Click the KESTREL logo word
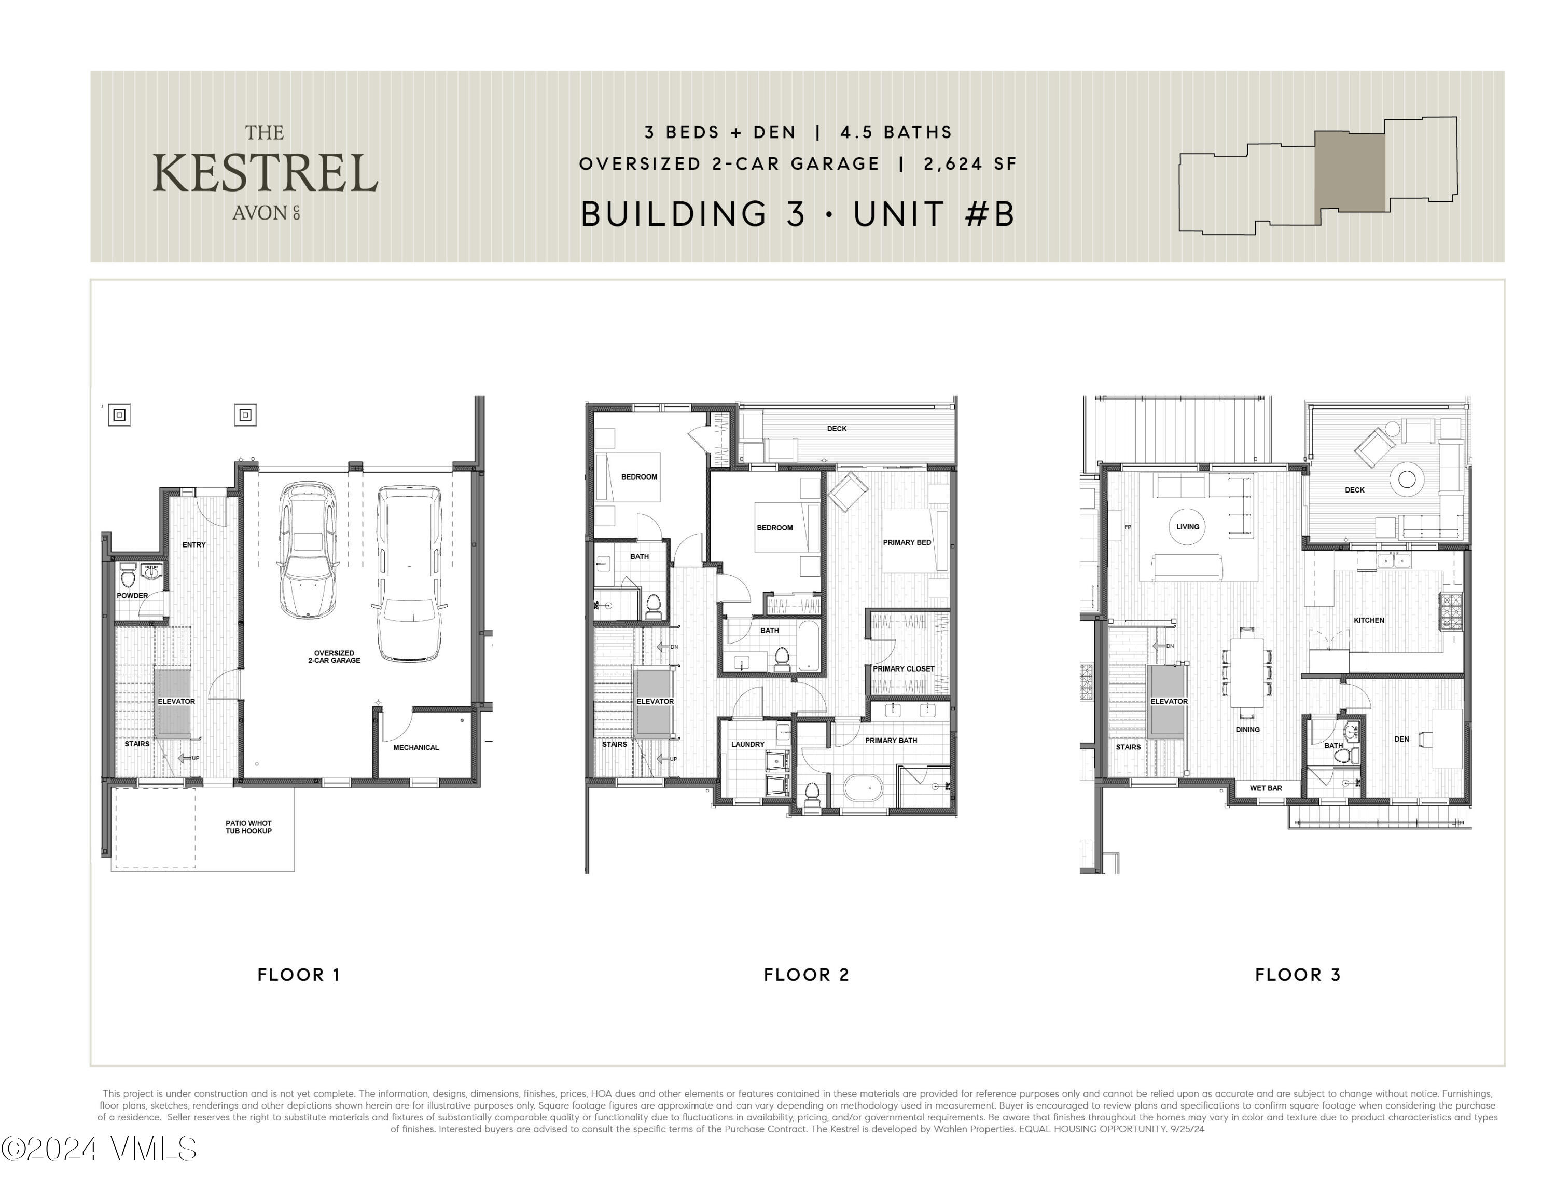pyautogui.click(x=265, y=173)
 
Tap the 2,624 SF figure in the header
pyautogui.click(x=970, y=164)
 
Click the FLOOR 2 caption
pyautogui.click(x=807, y=974)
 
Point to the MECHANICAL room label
pyautogui.click(x=416, y=748)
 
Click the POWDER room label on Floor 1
pyautogui.click(x=132, y=596)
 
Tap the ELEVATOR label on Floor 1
pyautogui.click(x=176, y=701)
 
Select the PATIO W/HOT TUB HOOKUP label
pyautogui.click(x=248, y=827)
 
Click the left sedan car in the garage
pyautogui.click(x=308, y=550)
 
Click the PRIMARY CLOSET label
pyautogui.click(x=904, y=668)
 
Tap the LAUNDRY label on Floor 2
pyautogui.click(x=747, y=744)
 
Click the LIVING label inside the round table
pyautogui.click(x=1188, y=527)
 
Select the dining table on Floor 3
pyautogui.click(x=1247, y=672)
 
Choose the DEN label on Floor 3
pyautogui.click(x=1401, y=739)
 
